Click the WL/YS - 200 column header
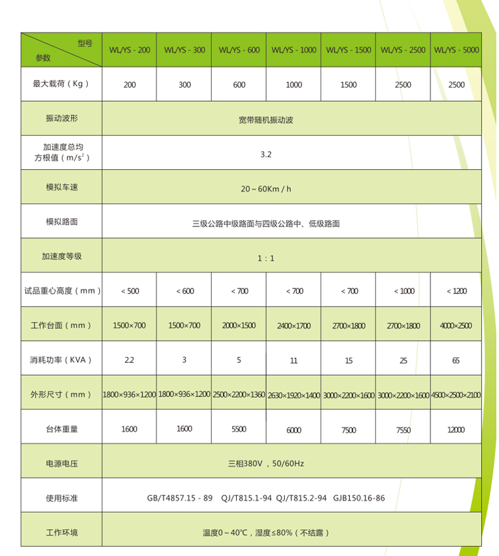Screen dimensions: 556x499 (x=129, y=50)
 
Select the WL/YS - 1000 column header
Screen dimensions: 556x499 (x=293, y=50)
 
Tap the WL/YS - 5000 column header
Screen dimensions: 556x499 (x=456, y=50)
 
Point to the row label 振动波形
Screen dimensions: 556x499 (x=61, y=119)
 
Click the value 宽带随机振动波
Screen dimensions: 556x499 (x=265, y=120)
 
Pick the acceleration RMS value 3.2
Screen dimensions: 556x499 (x=265, y=154)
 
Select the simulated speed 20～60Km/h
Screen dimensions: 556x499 (x=265, y=188)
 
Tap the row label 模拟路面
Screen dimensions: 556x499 (x=61, y=222)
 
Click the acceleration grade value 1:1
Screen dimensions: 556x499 (x=265, y=258)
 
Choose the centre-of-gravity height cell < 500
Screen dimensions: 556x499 (x=130, y=291)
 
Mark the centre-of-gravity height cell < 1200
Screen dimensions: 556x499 (x=457, y=291)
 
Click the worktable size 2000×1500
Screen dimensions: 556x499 (x=239, y=326)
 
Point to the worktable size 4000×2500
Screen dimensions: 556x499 (x=456, y=326)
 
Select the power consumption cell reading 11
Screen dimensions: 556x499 (x=293, y=361)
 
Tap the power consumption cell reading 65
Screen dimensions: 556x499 (x=456, y=360)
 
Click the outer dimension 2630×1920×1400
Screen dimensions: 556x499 (x=293, y=396)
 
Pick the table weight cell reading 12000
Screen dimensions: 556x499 (x=456, y=430)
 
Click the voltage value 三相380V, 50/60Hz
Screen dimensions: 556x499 (x=265, y=463)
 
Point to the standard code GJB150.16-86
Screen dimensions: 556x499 (x=359, y=497)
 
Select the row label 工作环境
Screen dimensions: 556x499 (x=61, y=533)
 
